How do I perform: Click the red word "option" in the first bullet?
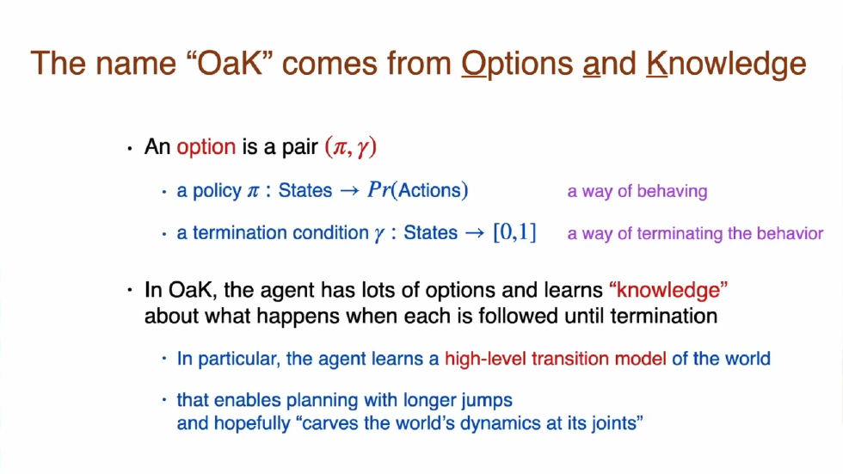[x=206, y=147]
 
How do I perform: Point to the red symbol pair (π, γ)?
[x=351, y=147]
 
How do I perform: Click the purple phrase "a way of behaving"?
[x=637, y=191]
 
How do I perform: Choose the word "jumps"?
[x=489, y=400]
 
